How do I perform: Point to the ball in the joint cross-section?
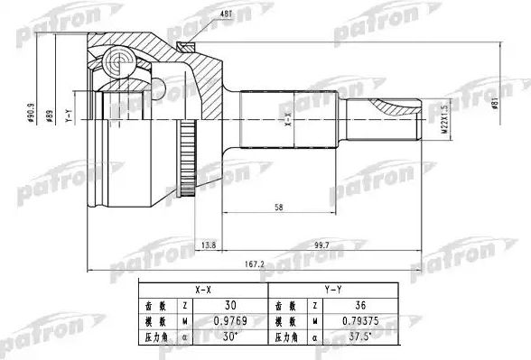pyautogui.click(x=116, y=62)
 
